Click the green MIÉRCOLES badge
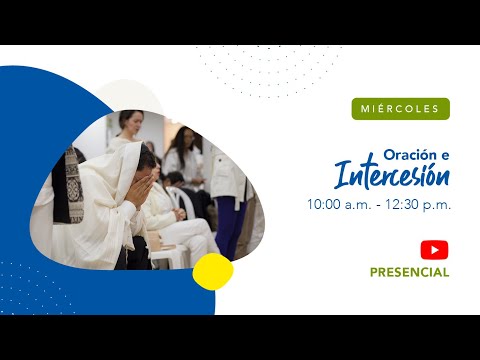point(400,108)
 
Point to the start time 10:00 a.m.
point(338,204)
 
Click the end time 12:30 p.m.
point(421,204)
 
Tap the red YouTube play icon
point(434,250)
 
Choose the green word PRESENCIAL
point(409,272)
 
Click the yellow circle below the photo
point(213,271)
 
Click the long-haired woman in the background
point(183,150)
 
